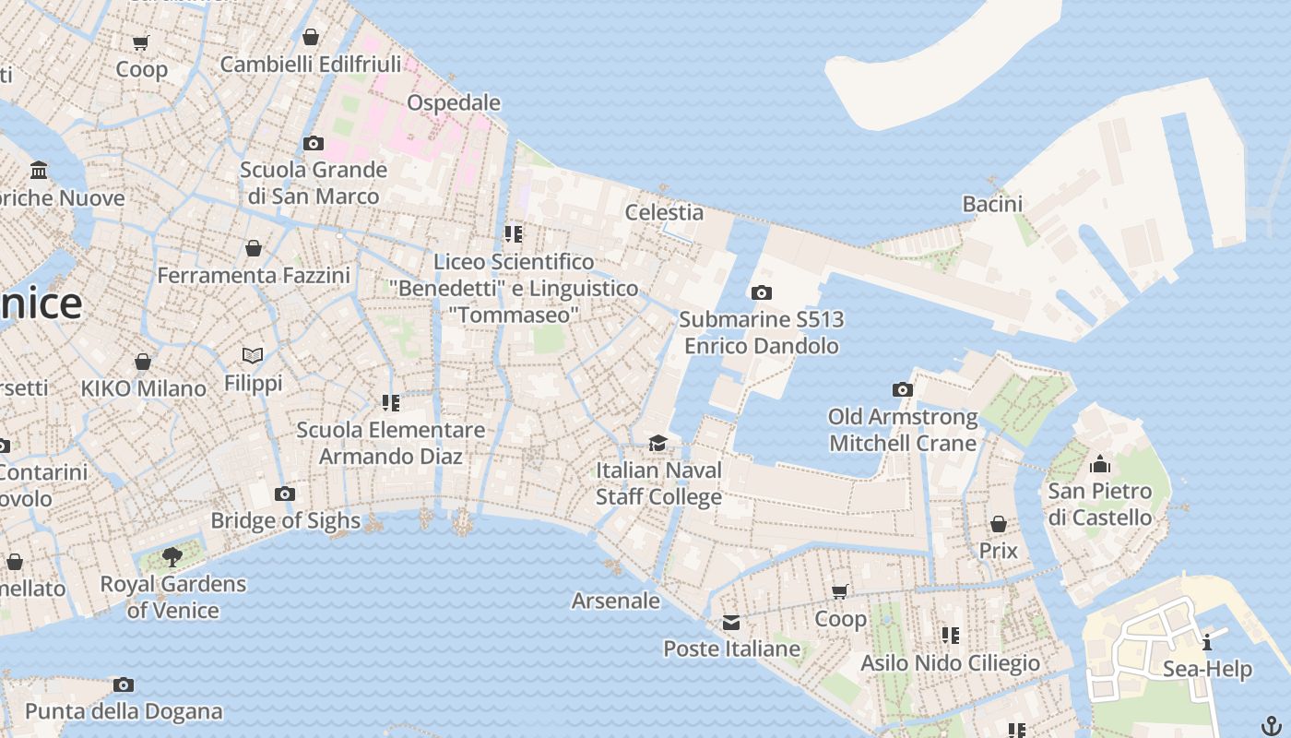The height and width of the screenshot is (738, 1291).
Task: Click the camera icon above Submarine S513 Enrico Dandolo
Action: (x=761, y=293)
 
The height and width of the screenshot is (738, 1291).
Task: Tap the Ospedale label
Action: (x=454, y=102)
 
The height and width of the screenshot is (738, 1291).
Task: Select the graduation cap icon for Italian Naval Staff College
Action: (x=657, y=444)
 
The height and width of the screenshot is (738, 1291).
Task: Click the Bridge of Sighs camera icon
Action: (x=285, y=494)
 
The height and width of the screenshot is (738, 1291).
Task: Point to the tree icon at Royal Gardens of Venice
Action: (x=172, y=556)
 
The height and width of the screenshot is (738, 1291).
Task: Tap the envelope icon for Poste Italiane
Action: (x=731, y=623)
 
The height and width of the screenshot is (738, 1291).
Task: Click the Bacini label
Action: (x=992, y=203)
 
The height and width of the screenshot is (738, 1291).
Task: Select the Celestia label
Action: (x=664, y=212)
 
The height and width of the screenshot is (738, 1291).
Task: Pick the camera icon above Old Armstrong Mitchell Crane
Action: (x=903, y=390)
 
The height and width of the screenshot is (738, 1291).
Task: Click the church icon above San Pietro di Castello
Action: (x=1099, y=464)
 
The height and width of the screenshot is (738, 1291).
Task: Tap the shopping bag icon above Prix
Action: (x=998, y=524)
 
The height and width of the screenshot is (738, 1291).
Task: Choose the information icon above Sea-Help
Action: (x=1207, y=642)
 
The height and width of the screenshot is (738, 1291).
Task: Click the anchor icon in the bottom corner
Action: (x=1272, y=725)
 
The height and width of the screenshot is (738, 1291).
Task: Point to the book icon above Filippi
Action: (x=253, y=355)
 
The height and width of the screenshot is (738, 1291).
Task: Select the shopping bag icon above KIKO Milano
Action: (x=143, y=362)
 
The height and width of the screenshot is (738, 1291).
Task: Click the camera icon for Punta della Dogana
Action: (x=124, y=684)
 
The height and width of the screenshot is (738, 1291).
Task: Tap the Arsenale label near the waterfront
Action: (x=616, y=601)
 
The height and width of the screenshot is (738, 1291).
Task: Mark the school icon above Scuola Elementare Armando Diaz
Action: (x=391, y=403)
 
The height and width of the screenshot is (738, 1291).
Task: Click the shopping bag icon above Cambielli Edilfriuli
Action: (x=311, y=37)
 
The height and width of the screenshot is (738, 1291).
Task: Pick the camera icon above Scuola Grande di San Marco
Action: (x=314, y=143)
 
